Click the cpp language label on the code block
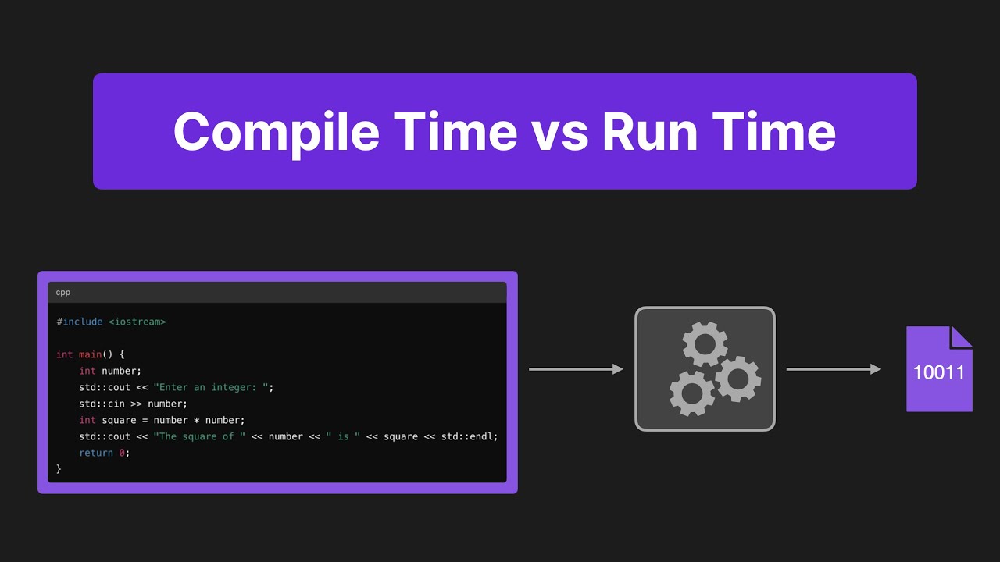pyautogui.click(x=62, y=293)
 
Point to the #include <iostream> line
pyautogui.click(x=111, y=322)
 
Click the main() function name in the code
pyautogui.click(x=95, y=354)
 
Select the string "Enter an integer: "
pyautogui.click(x=213, y=387)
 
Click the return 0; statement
pyautogui.click(x=104, y=453)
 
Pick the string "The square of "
pyautogui.click(x=199, y=436)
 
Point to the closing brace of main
pyautogui.click(x=59, y=469)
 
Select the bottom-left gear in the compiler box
pyautogui.click(x=691, y=393)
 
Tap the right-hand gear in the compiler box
pyautogui.click(x=737, y=379)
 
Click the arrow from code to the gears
pyautogui.click(x=576, y=369)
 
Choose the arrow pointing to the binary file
pyautogui.click(x=834, y=369)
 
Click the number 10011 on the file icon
pyautogui.click(x=939, y=372)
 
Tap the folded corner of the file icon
pyautogui.click(x=962, y=336)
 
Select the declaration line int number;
pyautogui.click(x=110, y=371)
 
